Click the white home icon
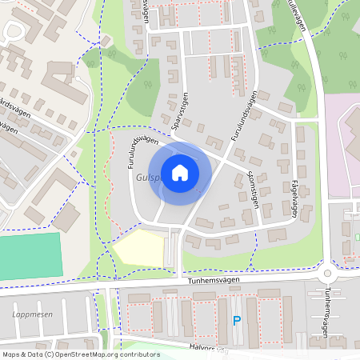point(180,173)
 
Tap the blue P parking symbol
point(236,322)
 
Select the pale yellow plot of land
point(139,248)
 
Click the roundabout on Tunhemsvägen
point(327,274)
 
